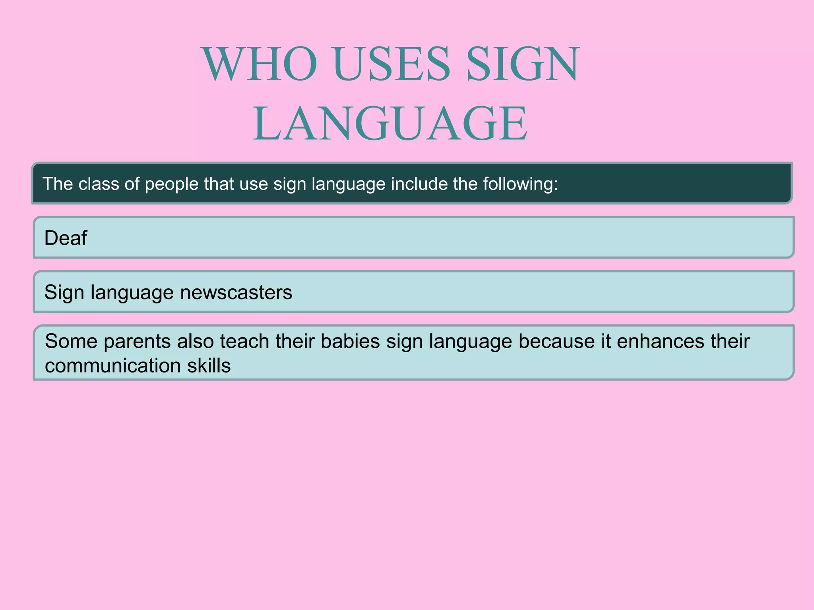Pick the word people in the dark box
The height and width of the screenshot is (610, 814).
pos(172,184)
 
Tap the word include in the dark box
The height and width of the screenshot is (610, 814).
pos(420,184)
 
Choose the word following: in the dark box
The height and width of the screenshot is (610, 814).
pos(521,184)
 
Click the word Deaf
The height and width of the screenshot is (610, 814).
pos(66,238)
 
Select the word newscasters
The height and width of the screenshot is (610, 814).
pos(236,292)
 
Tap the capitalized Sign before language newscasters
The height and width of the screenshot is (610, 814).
pos(64,293)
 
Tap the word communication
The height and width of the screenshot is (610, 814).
pos(113,365)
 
